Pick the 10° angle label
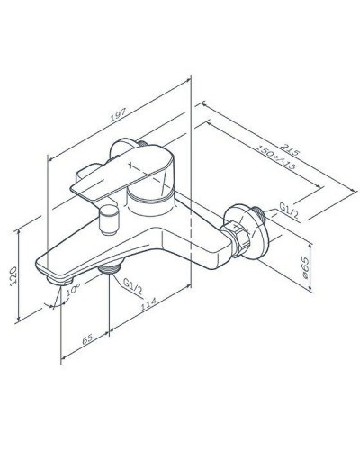click(x=74, y=292)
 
